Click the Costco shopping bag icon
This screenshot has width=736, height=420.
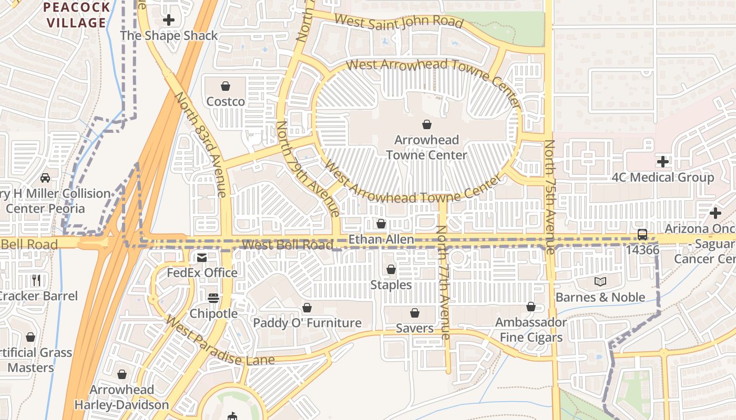226,86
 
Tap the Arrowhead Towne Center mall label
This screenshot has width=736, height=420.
426,148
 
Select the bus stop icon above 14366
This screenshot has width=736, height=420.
642,235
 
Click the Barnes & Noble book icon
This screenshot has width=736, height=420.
600,282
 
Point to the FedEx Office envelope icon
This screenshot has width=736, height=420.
201,258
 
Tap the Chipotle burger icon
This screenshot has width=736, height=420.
213,298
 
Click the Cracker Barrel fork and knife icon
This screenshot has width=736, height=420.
36,280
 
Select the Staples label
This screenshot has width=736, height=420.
391,285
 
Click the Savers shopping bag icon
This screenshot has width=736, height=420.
415,313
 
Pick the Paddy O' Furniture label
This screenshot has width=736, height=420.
307,323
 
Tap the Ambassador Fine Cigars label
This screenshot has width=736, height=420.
530,330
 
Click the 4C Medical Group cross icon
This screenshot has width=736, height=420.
662,162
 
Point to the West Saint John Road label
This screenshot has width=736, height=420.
398,22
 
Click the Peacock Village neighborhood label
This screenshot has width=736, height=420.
77,15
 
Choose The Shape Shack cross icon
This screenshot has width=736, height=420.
169,20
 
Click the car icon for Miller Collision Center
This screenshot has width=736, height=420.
45,178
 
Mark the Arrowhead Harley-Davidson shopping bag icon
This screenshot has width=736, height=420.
122,374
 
